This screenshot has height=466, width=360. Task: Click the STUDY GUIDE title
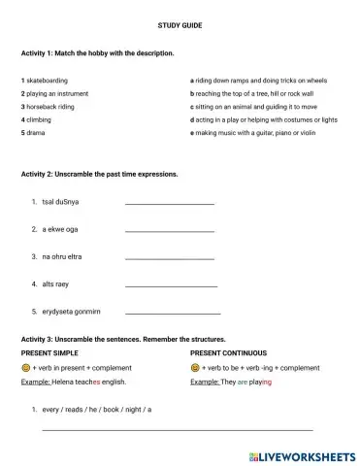point(180,23)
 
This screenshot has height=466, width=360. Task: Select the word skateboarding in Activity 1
point(49,81)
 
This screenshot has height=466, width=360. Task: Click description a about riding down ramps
point(259,81)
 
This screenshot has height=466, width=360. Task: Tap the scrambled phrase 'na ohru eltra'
point(62,256)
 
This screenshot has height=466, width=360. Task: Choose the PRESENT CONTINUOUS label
point(229,352)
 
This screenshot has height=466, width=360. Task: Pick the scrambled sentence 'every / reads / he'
point(97,410)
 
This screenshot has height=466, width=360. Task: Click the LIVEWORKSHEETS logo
point(303,454)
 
